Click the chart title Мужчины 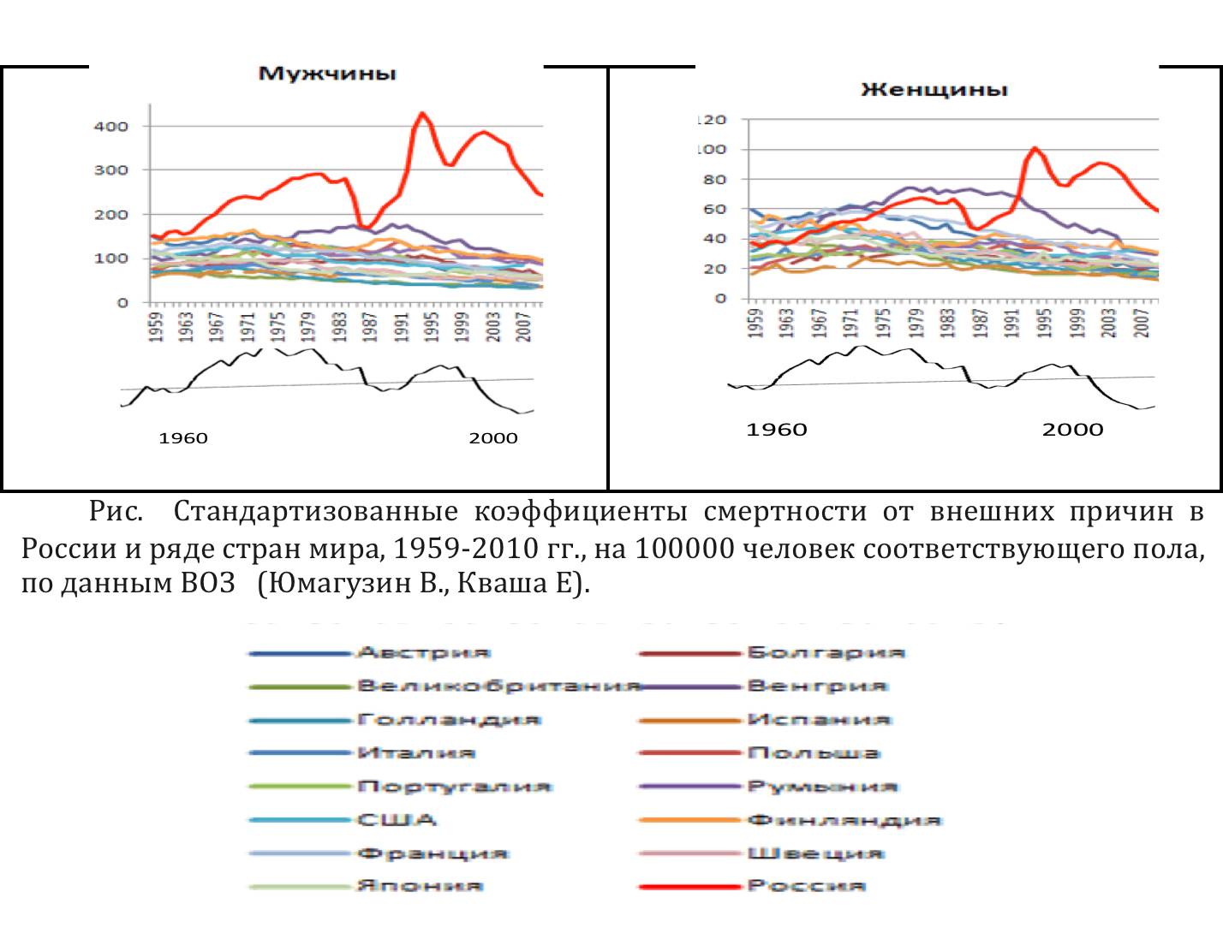[x=327, y=74]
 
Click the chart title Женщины [x=934, y=90]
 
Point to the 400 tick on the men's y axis [x=111, y=127]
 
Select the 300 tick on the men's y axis [x=111, y=170]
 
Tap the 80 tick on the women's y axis [x=714, y=180]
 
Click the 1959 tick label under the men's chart [x=156, y=327]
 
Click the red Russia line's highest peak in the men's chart [x=421, y=113]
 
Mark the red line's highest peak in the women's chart [x=1035, y=148]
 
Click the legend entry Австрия [x=423, y=653]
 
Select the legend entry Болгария [x=826, y=653]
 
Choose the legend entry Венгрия [x=817, y=686]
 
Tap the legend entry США [x=397, y=820]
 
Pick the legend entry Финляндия [x=844, y=820]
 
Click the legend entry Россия [x=806, y=886]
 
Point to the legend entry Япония [x=420, y=886]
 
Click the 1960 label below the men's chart [x=183, y=438]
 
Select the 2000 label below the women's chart [x=1072, y=430]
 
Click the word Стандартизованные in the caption [x=315, y=512]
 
